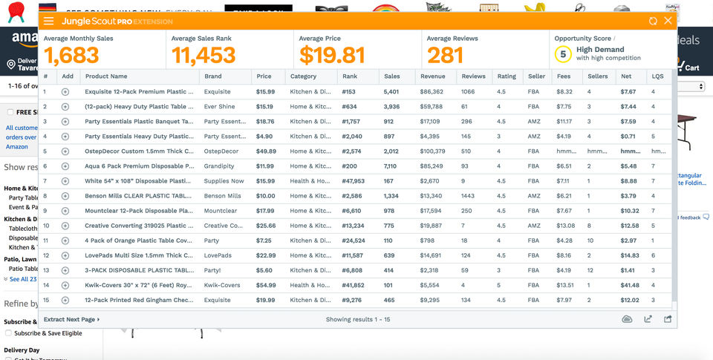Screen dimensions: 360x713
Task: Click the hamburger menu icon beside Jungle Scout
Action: pyautogui.click(x=49, y=22)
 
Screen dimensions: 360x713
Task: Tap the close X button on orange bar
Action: pyautogui.click(x=668, y=21)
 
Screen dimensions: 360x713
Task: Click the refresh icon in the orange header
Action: pyautogui.click(x=653, y=22)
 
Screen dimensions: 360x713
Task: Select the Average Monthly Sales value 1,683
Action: pyautogui.click(x=71, y=56)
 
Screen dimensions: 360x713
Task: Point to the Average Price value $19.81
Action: pyautogui.click(x=332, y=56)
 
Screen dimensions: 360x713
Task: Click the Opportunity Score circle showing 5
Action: pyautogui.click(x=563, y=54)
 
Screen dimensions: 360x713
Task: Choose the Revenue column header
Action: pyautogui.click(x=432, y=76)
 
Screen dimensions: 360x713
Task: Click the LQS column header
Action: pyautogui.click(x=657, y=76)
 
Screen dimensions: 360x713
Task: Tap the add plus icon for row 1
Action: pyautogui.click(x=65, y=92)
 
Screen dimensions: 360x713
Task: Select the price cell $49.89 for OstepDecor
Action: pyautogui.click(x=266, y=151)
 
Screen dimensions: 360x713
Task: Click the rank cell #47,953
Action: pyautogui.click(x=353, y=181)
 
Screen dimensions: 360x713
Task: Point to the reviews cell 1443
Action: pyautogui.click(x=468, y=196)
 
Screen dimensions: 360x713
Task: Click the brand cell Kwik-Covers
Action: pyautogui.click(x=222, y=285)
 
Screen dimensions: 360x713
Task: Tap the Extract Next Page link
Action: pyautogui.click(x=71, y=319)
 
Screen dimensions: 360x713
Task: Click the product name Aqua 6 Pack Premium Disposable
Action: pyautogui.click(x=139, y=166)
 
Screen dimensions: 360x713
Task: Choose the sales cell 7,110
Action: pyautogui.click(x=391, y=166)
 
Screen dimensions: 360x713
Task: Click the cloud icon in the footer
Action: pyautogui.click(x=627, y=319)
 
